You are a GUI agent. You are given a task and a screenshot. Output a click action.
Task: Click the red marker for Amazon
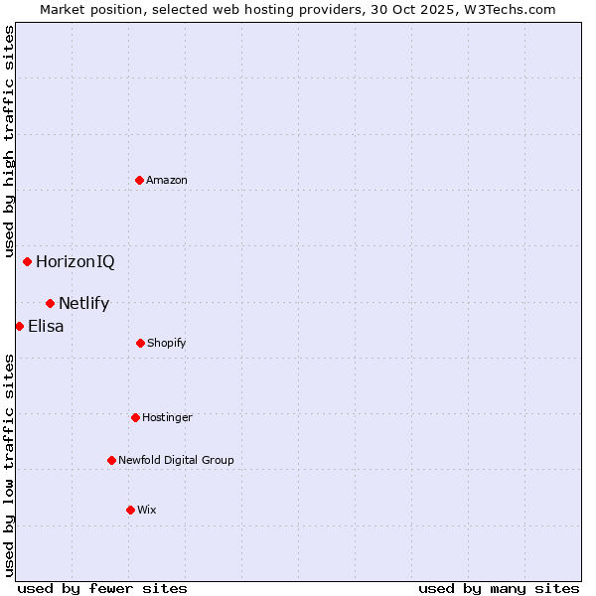coord(140,180)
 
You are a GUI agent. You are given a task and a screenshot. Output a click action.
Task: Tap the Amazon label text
coord(167,180)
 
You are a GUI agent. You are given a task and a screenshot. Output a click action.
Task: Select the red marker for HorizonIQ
coord(28,262)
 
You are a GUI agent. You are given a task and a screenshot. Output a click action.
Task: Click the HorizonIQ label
coord(75,262)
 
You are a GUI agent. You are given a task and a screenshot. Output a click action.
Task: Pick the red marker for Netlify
coord(51,303)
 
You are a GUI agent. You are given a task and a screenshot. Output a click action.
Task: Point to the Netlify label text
coord(84,304)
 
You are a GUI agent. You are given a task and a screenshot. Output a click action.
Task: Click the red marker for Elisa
coord(19,326)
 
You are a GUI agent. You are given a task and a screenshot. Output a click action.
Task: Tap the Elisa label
coord(46,326)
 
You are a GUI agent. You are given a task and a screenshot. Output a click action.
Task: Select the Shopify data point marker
coord(140,343)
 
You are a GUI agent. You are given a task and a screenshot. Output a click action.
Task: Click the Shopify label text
coord(167,344)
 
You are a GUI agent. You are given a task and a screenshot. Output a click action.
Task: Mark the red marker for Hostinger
coord(135,417)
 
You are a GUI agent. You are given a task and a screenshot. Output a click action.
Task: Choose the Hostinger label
coord(167,418)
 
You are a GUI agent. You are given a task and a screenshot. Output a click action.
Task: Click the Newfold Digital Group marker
coord(111,460)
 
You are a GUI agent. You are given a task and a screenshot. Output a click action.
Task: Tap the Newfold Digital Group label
coord(176,461)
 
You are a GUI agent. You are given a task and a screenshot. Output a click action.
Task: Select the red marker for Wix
coord(130,510)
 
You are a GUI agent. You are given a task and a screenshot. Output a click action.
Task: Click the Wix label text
coord(147,510)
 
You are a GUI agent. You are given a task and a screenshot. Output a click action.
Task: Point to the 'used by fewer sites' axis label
coord(102,588)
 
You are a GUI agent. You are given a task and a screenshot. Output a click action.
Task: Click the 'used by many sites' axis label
coord(499,588)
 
